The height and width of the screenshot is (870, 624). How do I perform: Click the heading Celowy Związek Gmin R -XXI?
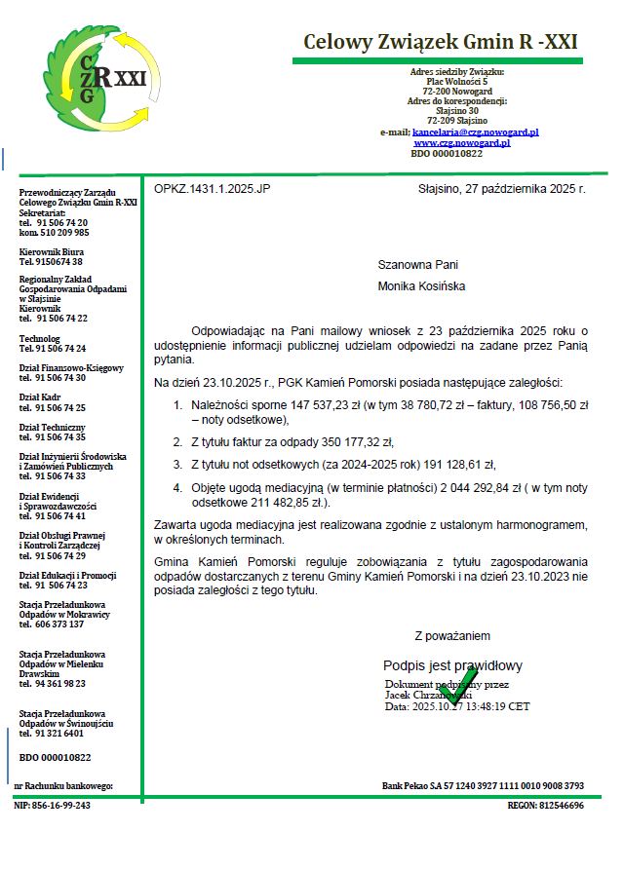441,42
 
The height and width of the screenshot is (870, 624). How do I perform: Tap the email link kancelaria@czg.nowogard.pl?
476,132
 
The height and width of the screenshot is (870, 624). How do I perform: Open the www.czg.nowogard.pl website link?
461,142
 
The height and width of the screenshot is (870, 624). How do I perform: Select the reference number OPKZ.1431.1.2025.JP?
212,187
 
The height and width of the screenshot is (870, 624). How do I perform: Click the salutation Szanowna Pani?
417,264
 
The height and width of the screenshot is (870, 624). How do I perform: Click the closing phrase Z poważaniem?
452,636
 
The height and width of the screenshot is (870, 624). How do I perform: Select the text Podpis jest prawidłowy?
452,665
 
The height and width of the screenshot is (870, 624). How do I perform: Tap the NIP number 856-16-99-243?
62,806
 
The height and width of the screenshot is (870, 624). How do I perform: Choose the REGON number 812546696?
561,806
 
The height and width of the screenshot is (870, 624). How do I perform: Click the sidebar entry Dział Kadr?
40,397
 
